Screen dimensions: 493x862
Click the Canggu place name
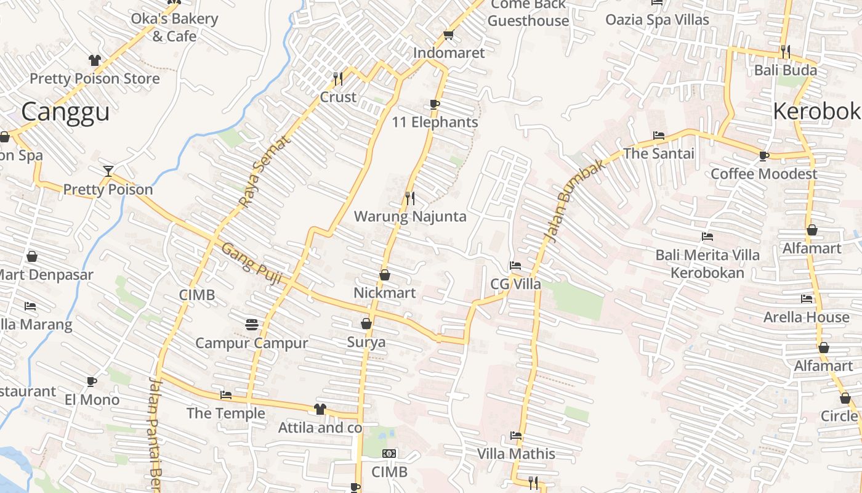[65, 112]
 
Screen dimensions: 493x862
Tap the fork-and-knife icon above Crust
[338, 78]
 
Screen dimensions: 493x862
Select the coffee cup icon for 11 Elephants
[435, 104]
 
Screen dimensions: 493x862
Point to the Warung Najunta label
[410, 217]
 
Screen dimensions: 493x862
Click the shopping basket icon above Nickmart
[385, 275]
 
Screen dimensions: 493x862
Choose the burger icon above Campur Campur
[251, 324]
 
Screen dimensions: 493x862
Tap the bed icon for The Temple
[226, 395]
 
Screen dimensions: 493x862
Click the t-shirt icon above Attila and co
[320, 409]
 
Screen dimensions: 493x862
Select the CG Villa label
[515, 284]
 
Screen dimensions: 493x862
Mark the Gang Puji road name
[251, 263]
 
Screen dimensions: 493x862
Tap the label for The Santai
[659, 153]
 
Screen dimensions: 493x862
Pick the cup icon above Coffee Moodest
[764, 156]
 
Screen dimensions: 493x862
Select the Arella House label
[806, 317]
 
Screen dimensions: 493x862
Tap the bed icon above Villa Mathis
[516, 436]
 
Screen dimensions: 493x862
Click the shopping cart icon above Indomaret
[448, 35]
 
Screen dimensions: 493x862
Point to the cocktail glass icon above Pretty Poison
[108, 171]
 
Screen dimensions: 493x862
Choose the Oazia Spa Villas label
[657, 20]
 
